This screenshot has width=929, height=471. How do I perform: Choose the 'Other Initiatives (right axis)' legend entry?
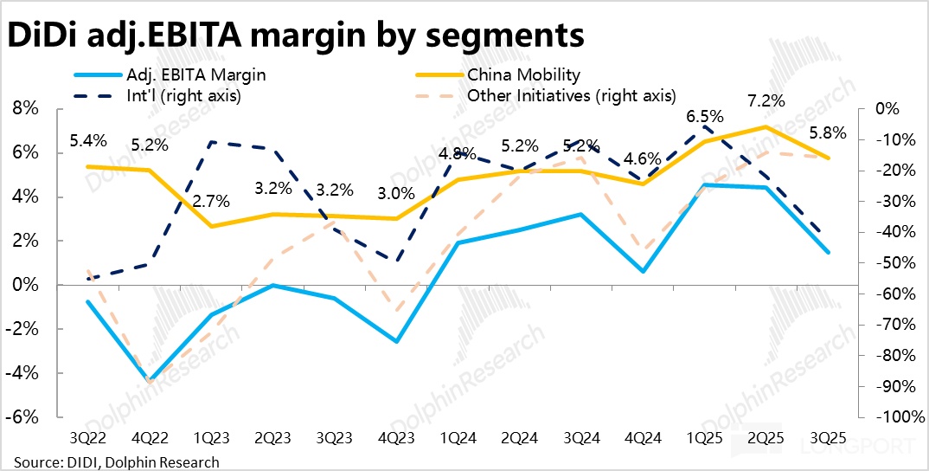(571, 95)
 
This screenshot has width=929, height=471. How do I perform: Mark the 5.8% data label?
(828, 134)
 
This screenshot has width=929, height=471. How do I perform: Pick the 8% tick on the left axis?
(27, 109)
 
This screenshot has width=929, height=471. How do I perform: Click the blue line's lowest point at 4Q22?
(150, 381)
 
